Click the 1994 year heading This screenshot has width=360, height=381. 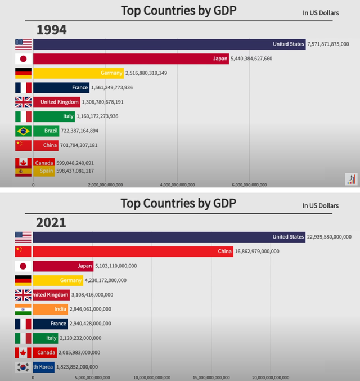52,30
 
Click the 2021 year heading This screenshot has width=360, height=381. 51,222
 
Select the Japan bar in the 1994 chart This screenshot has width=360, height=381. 130,59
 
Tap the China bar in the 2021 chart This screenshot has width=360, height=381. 133,251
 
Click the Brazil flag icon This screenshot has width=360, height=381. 24,131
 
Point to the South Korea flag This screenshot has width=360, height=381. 24,367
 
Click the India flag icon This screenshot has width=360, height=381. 24,309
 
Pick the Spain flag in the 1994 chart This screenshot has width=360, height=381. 24,171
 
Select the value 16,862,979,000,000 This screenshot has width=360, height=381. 256,251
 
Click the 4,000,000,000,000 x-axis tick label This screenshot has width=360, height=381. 177,184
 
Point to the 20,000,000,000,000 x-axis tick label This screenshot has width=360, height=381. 271,377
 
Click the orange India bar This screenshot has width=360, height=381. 51,309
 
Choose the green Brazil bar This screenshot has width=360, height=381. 46,131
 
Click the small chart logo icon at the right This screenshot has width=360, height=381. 350,180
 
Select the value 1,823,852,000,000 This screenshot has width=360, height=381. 79,367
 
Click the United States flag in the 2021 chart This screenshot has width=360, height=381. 24,237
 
